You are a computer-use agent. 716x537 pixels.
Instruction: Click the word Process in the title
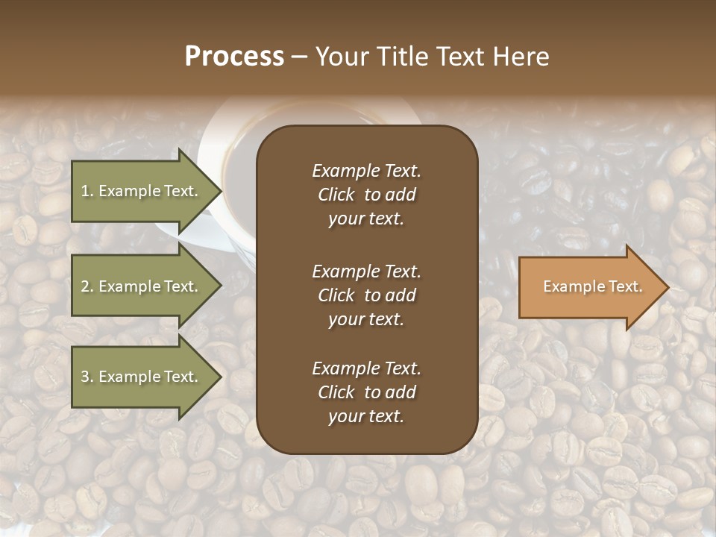pyautogui.click(x=234, y=57)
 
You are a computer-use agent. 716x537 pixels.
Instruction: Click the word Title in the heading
pyautogui.click(x=402, y=57)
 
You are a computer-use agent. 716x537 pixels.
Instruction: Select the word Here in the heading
pyautogui.click(x=521, y=57)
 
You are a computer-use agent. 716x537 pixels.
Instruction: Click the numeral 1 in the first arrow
pyautogui.click(x=85, y=191)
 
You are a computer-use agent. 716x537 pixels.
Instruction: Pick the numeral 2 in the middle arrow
pyautogui.click(x=85, y=286)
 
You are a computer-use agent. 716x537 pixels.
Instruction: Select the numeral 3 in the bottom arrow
pyautogui.click(x=85, y=377)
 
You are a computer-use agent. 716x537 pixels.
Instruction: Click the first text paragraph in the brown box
pyautogui.click(x=366, y=195)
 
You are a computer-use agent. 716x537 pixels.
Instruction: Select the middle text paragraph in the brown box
pyautogui.click(x=366, y=295)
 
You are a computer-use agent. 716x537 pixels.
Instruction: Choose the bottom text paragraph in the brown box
pyautogui.click(x=366, y=392)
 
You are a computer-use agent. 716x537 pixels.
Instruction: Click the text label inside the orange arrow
pyautogui.click(x=592, y=286)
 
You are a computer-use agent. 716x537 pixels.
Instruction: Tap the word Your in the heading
pyautogui.click(x=342, y=57)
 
